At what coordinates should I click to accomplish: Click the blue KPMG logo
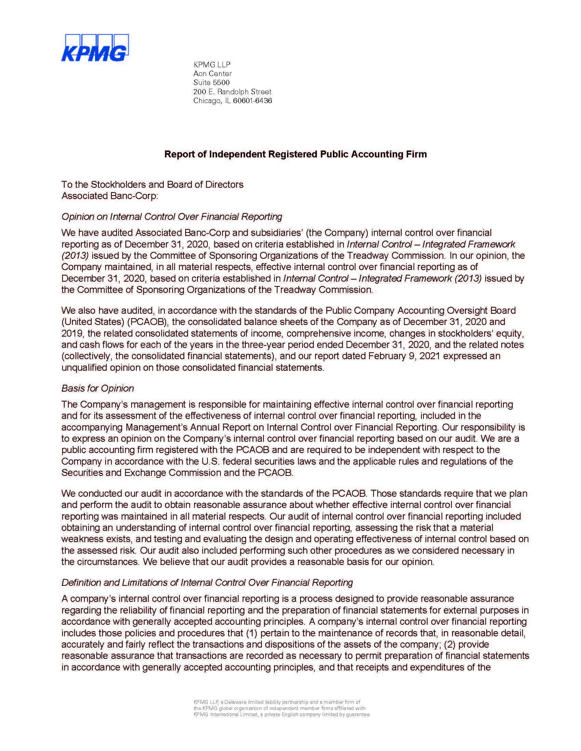95,48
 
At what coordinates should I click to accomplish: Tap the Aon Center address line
212,74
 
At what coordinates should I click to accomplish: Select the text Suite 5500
211,83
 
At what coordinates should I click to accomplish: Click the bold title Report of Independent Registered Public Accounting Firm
295,154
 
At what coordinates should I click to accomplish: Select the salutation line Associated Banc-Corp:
109,196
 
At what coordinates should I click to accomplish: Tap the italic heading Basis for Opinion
97,388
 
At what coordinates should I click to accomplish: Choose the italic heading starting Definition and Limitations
207,582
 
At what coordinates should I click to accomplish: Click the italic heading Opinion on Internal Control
172,217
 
